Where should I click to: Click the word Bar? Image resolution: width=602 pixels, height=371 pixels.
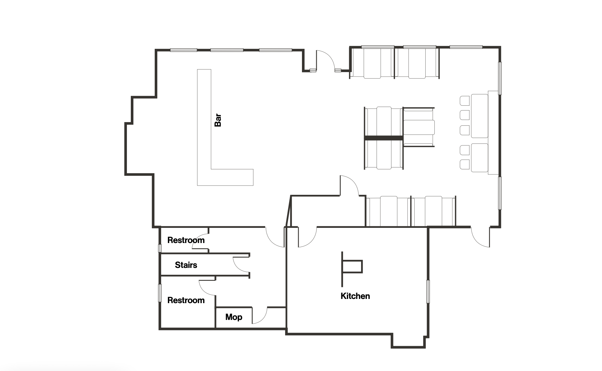point(218,120)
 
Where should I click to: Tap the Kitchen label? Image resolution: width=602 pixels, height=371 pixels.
point(355,296)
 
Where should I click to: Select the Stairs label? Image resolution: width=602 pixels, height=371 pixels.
point(186,265)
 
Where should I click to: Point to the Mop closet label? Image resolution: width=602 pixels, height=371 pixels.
point(234,317)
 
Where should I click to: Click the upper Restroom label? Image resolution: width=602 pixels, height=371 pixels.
point(186,240)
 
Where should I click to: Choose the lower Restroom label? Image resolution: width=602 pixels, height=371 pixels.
point(186,300)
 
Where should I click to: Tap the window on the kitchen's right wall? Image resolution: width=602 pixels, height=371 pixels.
point(428,291)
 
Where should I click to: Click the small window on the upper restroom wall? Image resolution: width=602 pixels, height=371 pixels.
point(160,248)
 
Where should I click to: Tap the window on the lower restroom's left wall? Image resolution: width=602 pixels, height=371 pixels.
point(160,293)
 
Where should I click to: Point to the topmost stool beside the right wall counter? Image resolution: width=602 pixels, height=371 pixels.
point(465,101)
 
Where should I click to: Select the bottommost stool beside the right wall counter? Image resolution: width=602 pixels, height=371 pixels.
point(465,164)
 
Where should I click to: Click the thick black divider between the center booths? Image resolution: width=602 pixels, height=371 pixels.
point(384,138)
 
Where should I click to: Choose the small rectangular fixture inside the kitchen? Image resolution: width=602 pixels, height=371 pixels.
point(353,267)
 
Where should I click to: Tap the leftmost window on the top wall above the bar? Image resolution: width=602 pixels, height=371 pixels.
point(184,50)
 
